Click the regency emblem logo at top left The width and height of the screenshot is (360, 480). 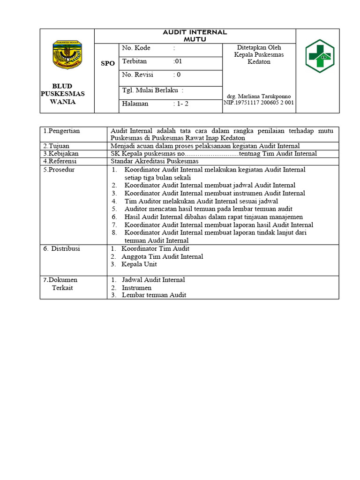click(x=67, y=55)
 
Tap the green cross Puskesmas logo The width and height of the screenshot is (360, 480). click(x=320, y=56)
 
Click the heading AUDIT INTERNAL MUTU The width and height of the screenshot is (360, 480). click(x=195, y=36)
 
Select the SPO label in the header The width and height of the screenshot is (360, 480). click(x=107, y=63)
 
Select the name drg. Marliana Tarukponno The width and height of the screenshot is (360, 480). click(x=258, y=97)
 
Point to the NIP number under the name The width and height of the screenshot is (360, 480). click(x=259, y=103)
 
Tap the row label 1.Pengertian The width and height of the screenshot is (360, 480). click(x=61, y=131)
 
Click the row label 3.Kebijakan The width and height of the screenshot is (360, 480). click(x=60, y=153)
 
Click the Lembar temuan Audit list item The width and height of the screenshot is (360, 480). click(x=154, y=295)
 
